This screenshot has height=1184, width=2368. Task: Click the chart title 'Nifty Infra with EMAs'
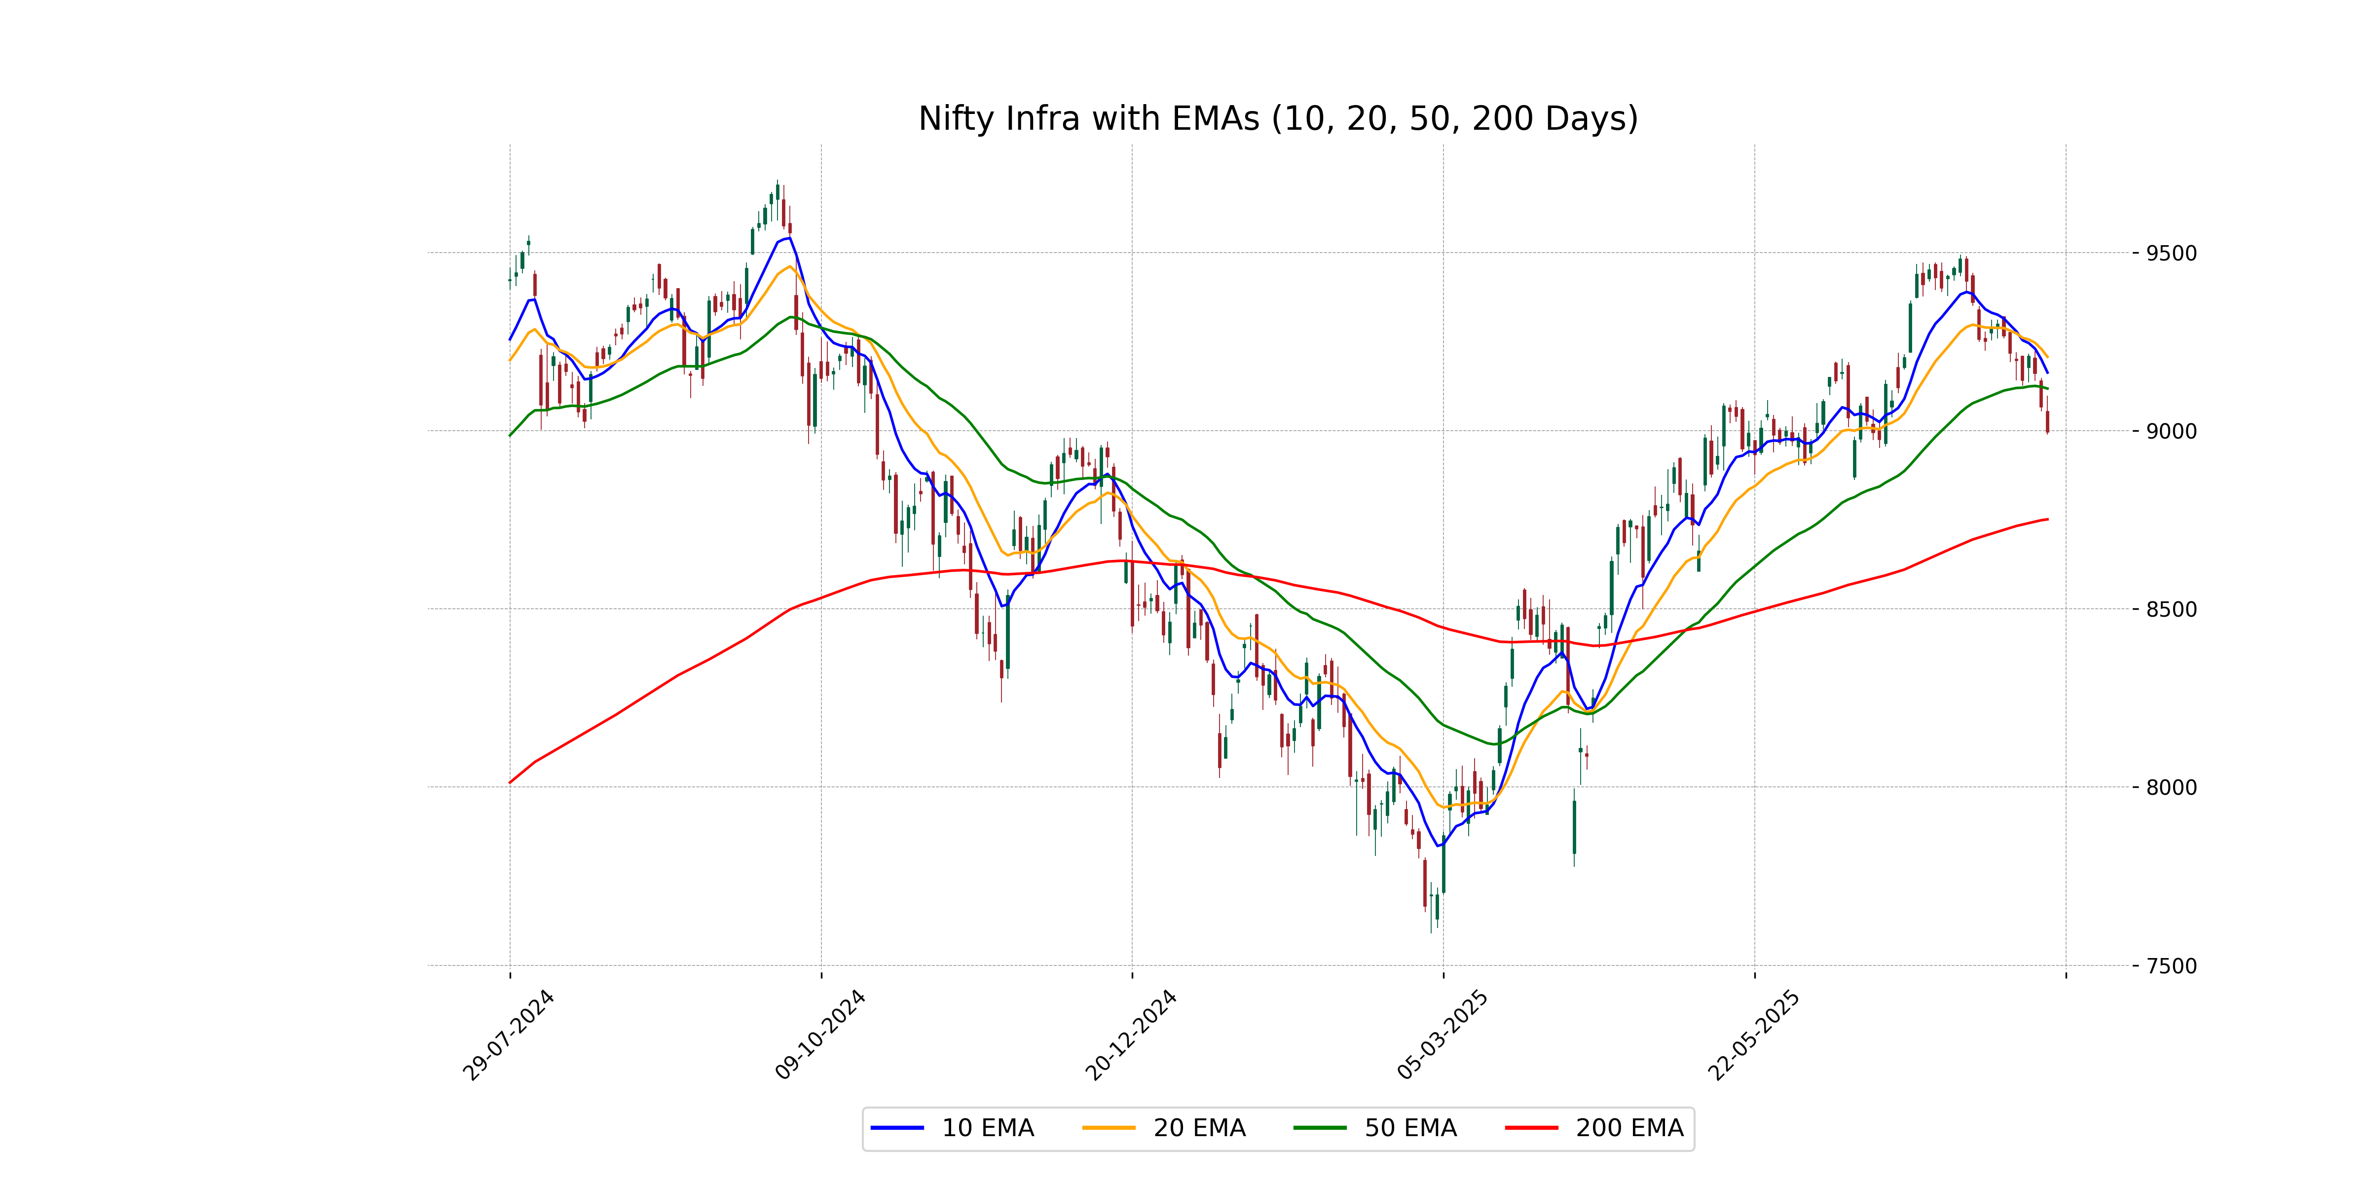[1278, 118]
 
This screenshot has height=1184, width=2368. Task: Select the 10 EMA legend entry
[987, 1128]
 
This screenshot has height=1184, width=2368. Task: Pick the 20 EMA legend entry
[1199, 1128]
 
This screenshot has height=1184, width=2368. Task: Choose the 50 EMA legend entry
[1410, 1128]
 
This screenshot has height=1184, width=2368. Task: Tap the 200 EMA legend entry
[1629, 1128]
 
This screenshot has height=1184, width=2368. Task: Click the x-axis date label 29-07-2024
[508, 1035]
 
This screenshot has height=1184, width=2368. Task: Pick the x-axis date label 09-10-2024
[820, 1035]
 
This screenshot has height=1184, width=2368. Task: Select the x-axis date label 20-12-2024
[1131, 1035]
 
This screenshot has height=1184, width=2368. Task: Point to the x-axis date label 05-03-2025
[1443, 1035]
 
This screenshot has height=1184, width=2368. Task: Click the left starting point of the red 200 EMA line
[510, 782]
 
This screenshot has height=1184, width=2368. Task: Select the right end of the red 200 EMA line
[2047, 519]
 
